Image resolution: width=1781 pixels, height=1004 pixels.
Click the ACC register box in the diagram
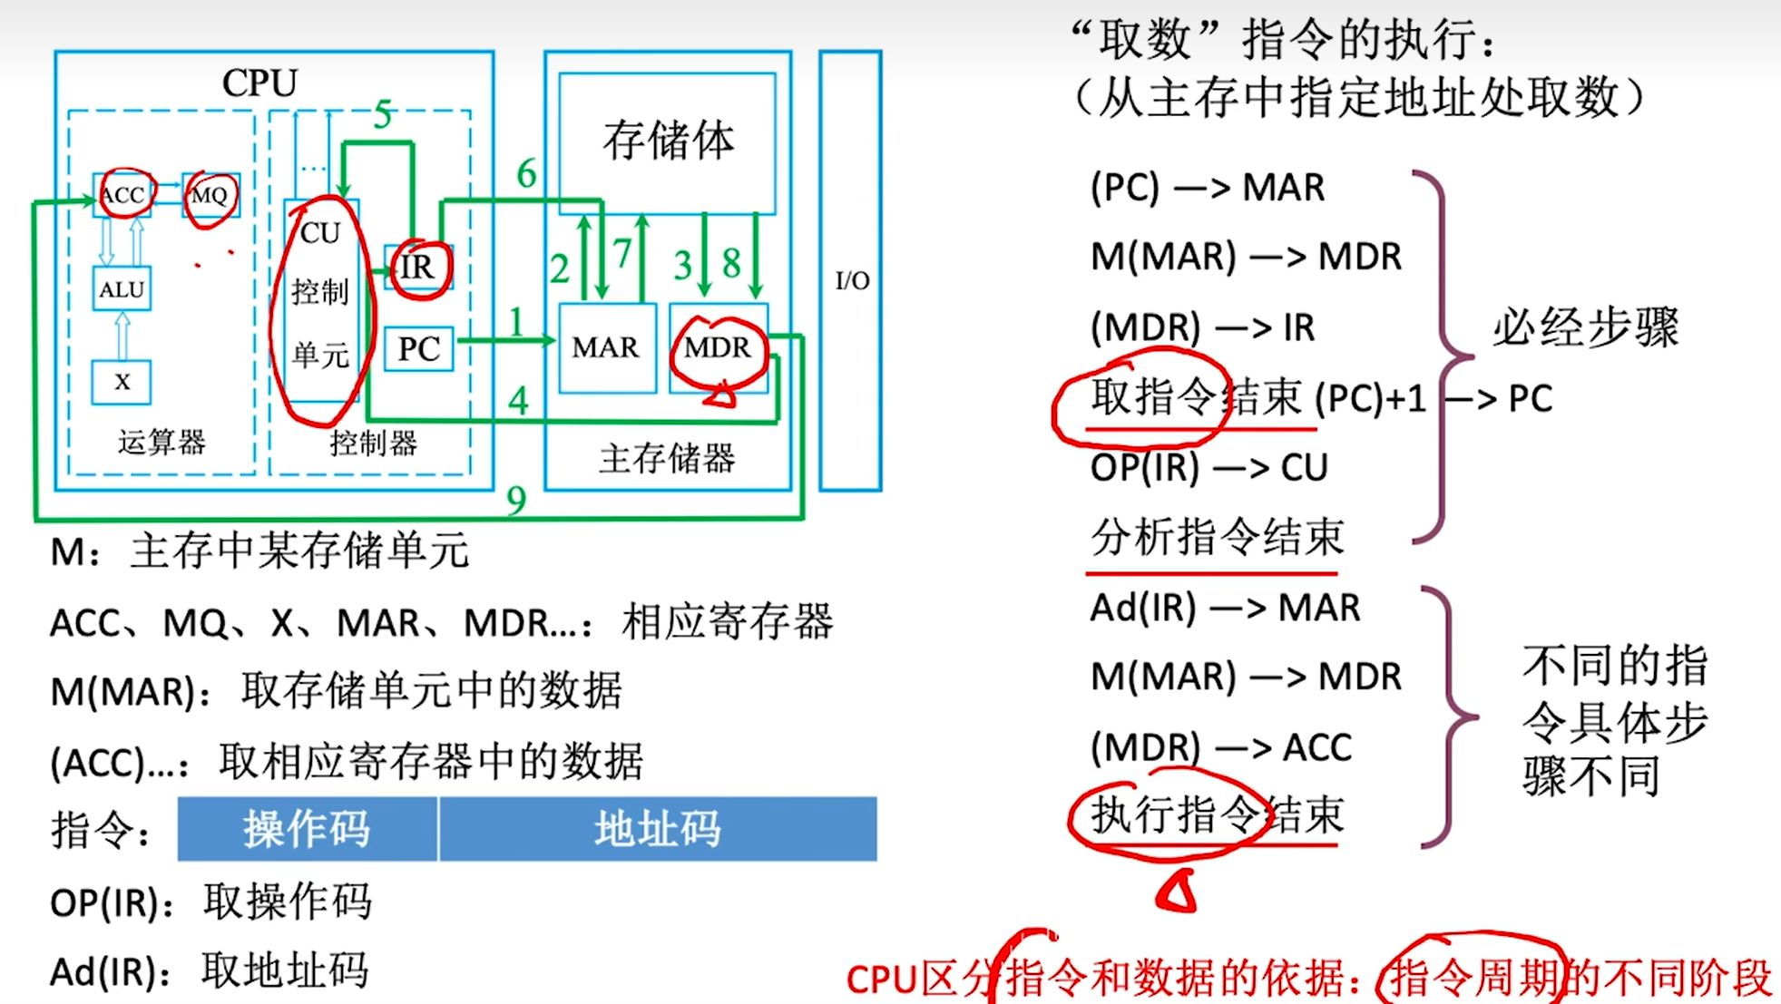coord(123,195)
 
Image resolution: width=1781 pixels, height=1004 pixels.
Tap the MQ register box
coord(210,195)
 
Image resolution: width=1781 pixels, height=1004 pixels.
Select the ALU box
coord(122,289)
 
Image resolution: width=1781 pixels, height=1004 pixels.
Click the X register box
coord(122,382)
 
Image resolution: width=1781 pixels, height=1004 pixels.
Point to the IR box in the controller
coord(418,268)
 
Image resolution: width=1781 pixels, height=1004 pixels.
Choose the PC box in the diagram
coord(418,348)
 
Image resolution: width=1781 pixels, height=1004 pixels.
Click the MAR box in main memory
coord(606,347)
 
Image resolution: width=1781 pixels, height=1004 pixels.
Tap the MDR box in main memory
coord(718,347)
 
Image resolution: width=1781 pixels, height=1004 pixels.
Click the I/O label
coord(852,280)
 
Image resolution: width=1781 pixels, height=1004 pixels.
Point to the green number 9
coord(516,500)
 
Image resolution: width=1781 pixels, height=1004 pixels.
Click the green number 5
coord(383,115)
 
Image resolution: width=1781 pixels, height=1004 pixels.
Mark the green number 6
coord(526,173)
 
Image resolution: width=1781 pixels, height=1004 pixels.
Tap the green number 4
coord(518,400)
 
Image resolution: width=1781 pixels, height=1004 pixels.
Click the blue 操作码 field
coord(307,829)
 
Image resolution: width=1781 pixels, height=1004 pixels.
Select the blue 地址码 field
coord(658,829)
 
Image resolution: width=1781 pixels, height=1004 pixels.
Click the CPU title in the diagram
coord(259,83)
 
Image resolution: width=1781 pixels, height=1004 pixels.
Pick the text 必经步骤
coord(1586,327)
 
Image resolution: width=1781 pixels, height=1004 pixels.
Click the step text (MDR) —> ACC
coord(1221,747)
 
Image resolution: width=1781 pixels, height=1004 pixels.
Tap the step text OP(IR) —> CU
coord(1209,468)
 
